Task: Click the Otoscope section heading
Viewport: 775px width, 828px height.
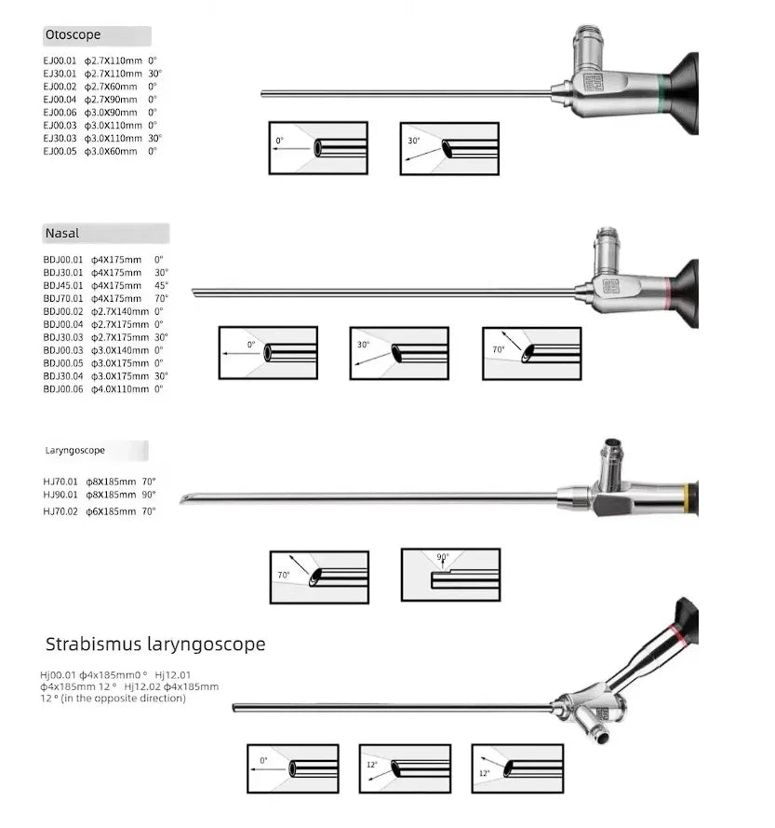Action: pyautogui.click(x=73, y=35)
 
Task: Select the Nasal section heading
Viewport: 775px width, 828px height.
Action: pyautogui.click(x=62, y=234)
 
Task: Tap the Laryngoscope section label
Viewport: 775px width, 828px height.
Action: pyautogui.click(x=75, y=451)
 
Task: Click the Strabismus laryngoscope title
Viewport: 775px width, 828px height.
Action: pyautogui.click(x=155, y=644)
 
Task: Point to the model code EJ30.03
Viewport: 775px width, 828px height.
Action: pyautogui.click(x=60, y=138)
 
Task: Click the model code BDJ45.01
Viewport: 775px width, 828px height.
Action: pyautogui.click(x=63, y=285)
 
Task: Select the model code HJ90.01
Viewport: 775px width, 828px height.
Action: pyautogui.click(x=60, y=495)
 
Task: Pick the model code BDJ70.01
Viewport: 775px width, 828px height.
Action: pyautogui.click(x=63, y=298)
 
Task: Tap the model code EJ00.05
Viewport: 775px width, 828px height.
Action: pyautogui.click(x=60, y=151)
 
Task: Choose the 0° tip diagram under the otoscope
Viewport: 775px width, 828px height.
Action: pyautogui.click(x=318, y=148)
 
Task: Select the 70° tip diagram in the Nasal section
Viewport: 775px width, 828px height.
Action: pyautogui.click(x=531, y=353)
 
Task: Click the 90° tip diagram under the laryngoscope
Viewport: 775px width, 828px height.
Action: pyautogui.click(x=450, y=574)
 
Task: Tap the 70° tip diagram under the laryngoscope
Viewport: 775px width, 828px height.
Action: pyautogui.click(x=319, y=577)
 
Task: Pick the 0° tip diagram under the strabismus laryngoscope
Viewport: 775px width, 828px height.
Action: pyautogui.click(x=292, y=768)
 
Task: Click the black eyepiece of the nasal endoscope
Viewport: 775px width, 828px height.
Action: pyautogui.click(x=689, y=292)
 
